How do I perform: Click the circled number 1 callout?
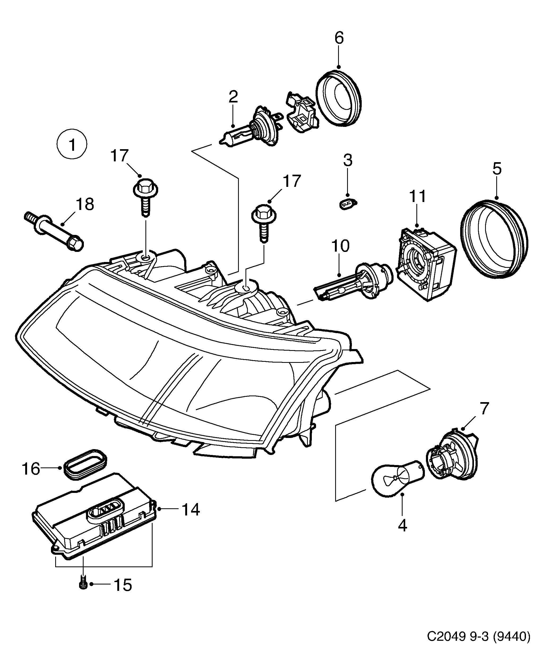click(72, 144)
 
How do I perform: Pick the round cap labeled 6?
click(338, 98)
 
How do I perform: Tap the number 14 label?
click(191, 510)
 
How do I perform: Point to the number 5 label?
click(497, 169)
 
